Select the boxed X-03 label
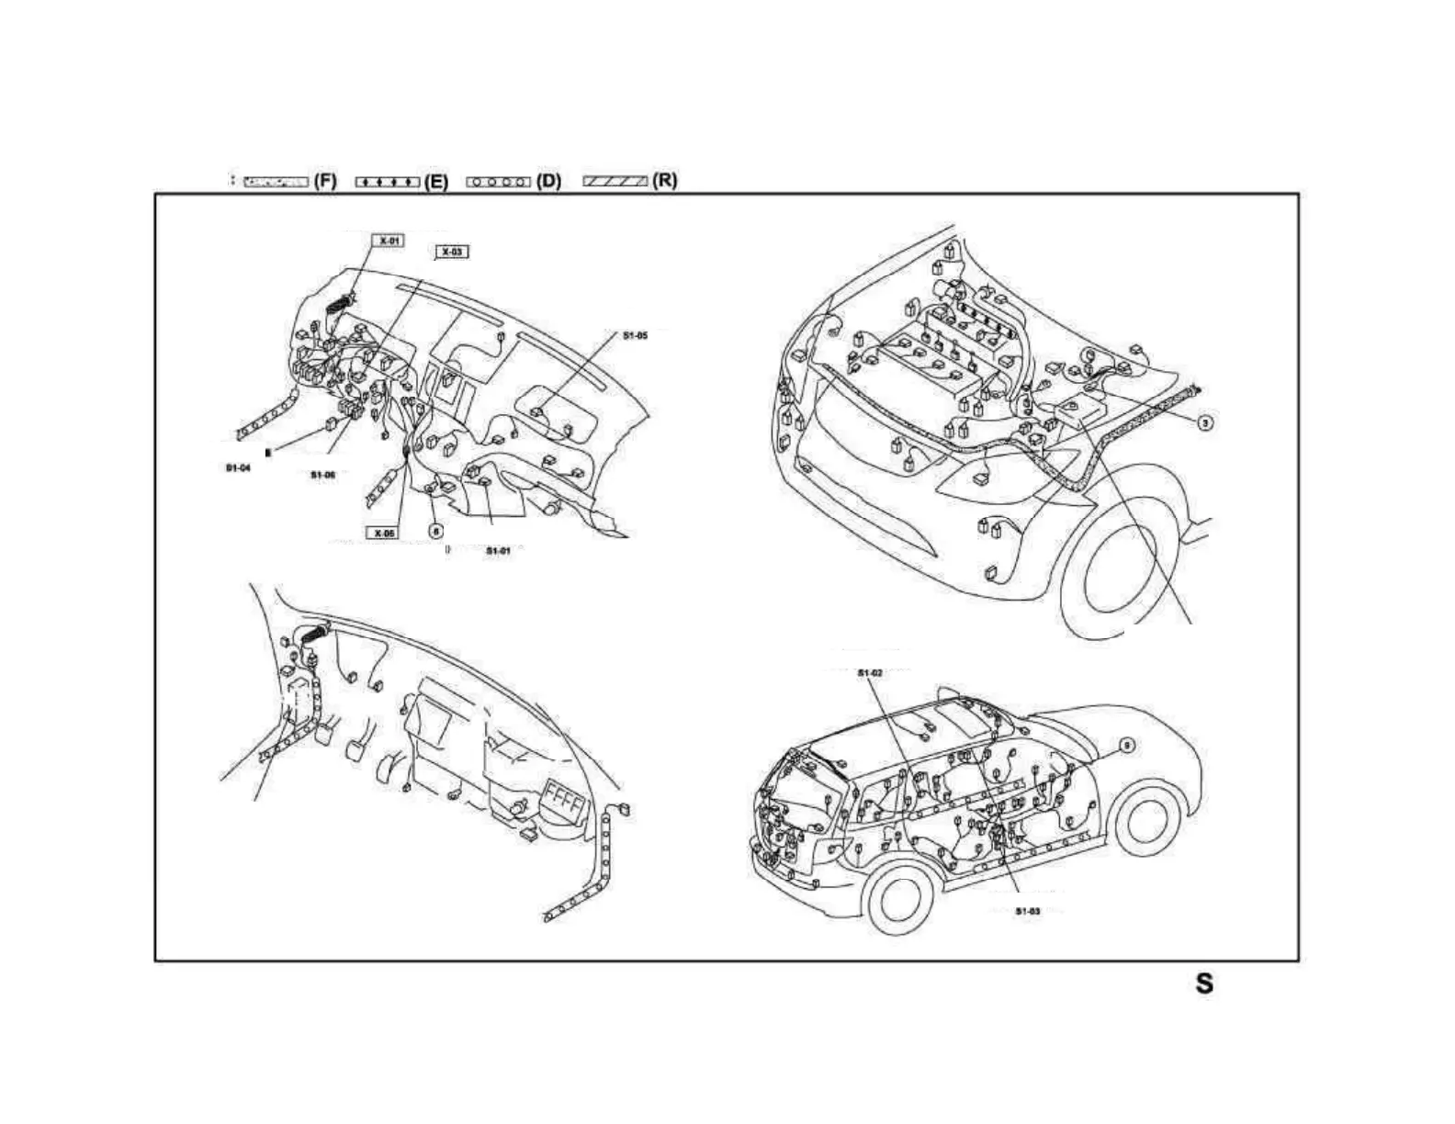(452, 252)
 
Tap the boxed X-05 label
(383, 533)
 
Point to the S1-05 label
(635, 336)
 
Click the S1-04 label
(238, 468)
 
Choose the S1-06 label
(322, 475)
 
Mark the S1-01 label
(498, 551)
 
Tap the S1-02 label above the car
(870, 673)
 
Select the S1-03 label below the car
(1027, 911)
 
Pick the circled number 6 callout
(436, 530)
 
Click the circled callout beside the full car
(1127, 746)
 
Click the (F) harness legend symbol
(276, 182)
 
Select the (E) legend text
(436, 182)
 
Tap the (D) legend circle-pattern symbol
(499, 182)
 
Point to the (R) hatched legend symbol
(615, 181)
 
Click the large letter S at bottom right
(1203, 983)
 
